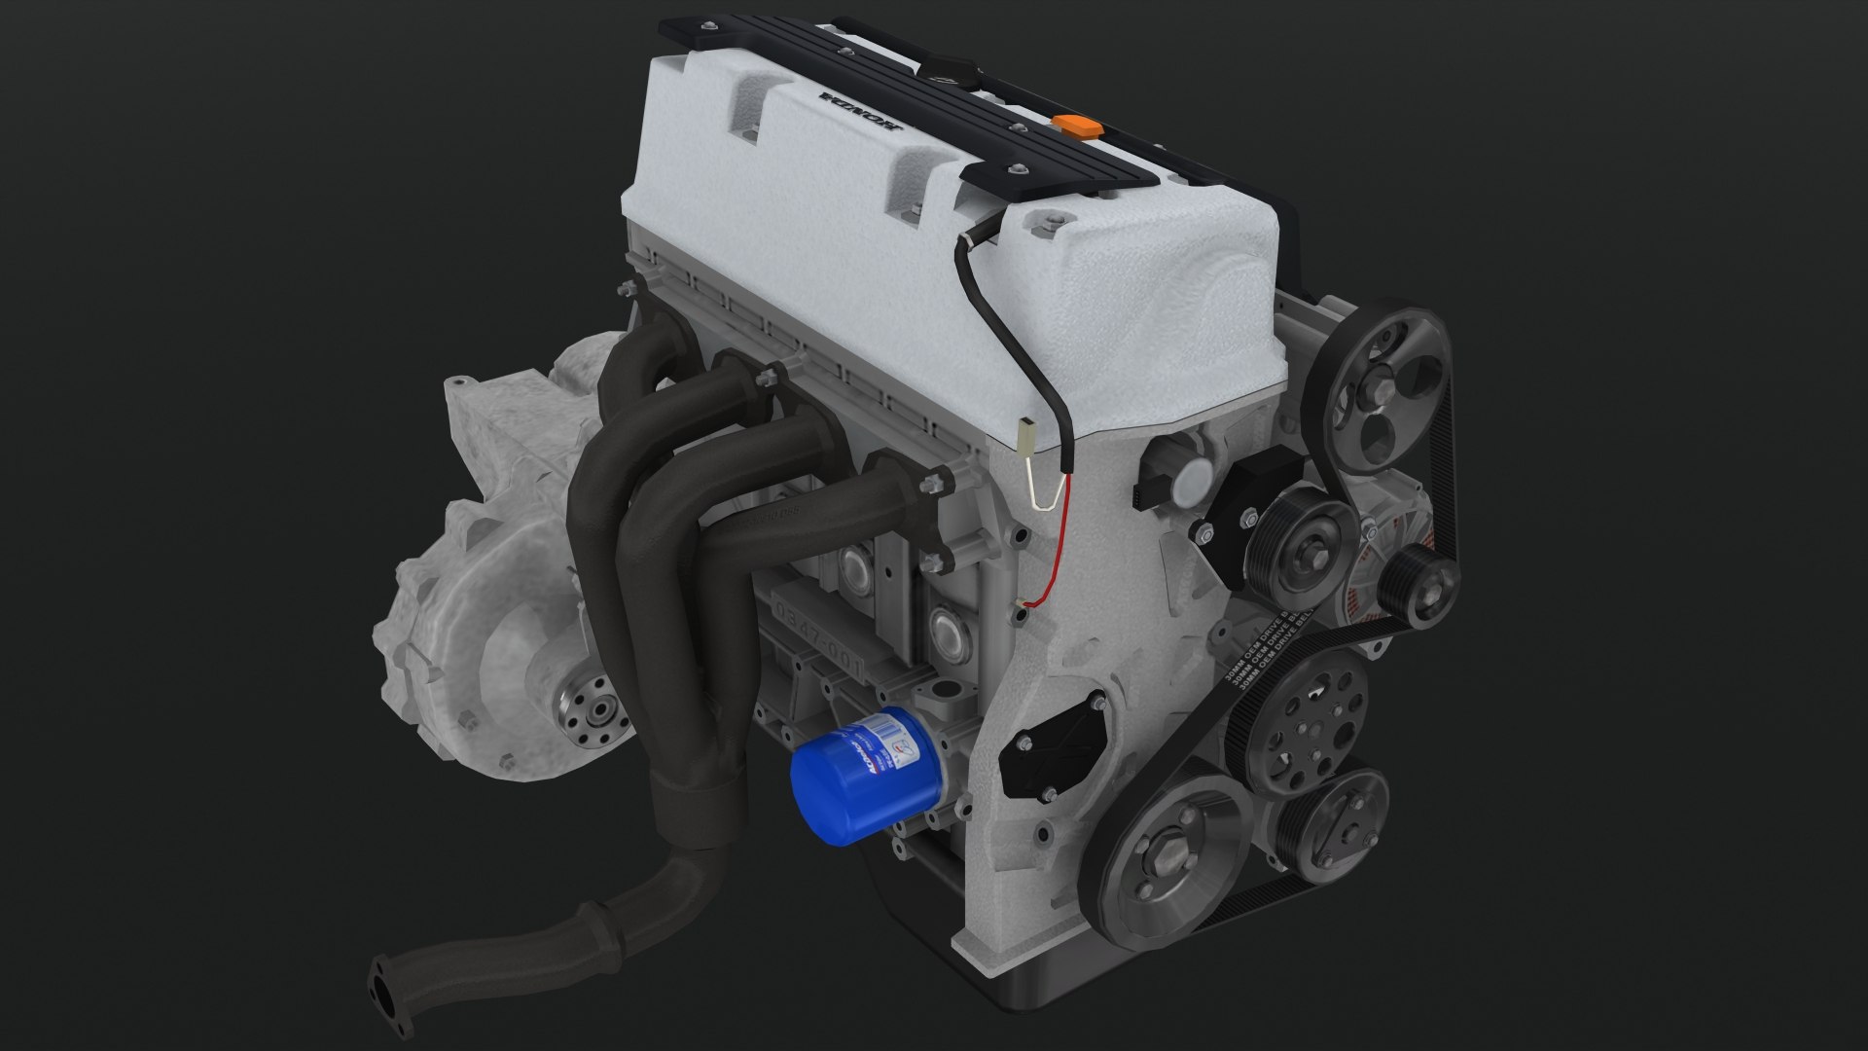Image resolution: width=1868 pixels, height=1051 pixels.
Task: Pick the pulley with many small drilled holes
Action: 1307,708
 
